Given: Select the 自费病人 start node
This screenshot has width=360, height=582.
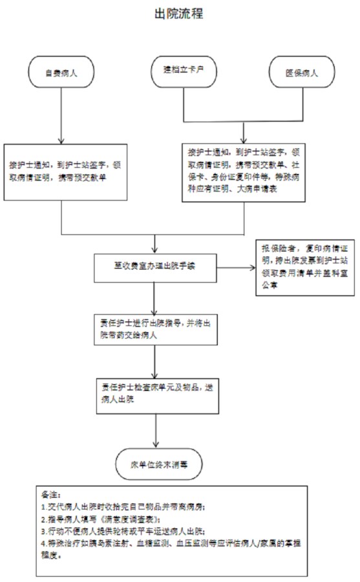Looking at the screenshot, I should (x=61, y=74).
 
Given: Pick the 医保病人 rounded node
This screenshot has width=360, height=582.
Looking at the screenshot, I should (x=302, y=74).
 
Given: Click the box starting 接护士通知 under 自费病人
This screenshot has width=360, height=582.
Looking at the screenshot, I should (x=62, y=170).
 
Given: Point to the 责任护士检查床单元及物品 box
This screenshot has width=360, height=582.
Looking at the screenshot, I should (x=155, y=393).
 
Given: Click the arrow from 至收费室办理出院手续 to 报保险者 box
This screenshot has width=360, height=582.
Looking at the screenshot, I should (x=235, y=266).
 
